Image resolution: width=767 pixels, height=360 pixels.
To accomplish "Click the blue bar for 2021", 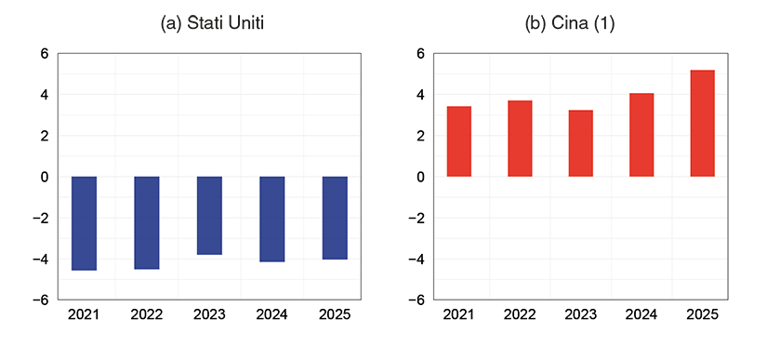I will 84,223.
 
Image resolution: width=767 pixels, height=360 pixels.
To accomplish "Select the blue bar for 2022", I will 147,222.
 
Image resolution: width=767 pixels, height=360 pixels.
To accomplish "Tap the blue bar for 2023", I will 209,215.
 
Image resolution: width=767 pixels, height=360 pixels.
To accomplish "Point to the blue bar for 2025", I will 335,218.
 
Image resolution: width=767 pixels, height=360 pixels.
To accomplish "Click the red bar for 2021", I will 459,141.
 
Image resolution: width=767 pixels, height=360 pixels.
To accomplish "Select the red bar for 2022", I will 520,139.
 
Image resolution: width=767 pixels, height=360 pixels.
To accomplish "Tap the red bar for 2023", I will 581,143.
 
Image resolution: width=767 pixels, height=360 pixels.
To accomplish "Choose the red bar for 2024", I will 641,135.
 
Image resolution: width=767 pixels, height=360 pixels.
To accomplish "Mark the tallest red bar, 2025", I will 703,124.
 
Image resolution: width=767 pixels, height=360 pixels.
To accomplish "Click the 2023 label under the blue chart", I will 209,314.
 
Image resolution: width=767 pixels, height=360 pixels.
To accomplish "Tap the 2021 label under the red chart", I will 458,314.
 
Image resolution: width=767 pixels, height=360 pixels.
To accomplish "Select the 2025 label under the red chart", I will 703,314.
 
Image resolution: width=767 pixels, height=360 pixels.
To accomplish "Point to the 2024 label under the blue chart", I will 271,314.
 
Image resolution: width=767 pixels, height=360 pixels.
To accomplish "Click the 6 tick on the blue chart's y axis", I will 44,54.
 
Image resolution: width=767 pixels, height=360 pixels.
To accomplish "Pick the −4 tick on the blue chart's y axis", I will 40,259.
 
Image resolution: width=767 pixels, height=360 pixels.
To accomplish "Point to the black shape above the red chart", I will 570,25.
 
